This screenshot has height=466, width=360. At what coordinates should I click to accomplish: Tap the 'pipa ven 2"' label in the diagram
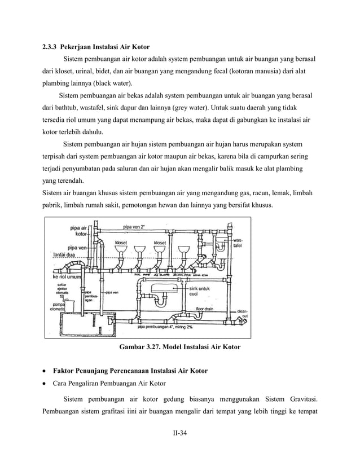point(135,226)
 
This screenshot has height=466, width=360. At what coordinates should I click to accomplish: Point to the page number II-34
point(180,433)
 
